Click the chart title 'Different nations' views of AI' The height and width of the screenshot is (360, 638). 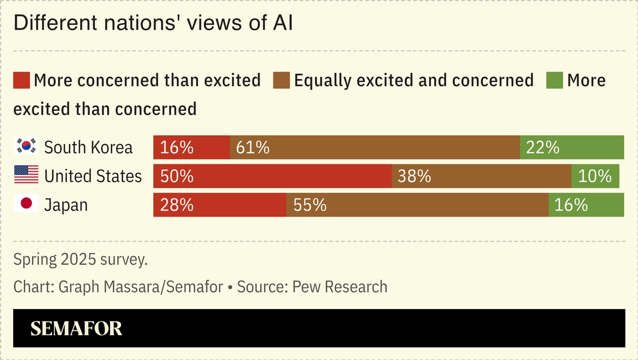pyautogui.click(x=153, y=23)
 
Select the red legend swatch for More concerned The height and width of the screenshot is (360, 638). pyautogui.click(x=22, y=80)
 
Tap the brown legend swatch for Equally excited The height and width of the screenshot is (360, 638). pyautogui.click(x=281, y=80)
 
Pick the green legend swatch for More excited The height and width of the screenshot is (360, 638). pyautogui.click(x=554, y=80)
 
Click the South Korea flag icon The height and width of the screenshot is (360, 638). pyautogui.click(x=26, y=146)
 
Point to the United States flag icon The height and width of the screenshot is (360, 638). pyautogui.click(x=26, y=175)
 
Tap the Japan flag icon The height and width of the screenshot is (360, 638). pyautogui.click(x=26, y=204)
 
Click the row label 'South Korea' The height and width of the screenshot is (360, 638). pyautogui.click(x=89, y=147)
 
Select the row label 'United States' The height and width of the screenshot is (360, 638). pyautogui.click(x=93, y=176)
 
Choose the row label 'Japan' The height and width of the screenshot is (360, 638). pyautogui.click(x=66, y=205)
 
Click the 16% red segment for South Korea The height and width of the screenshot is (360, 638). pyautogui.click(x=192, y=147)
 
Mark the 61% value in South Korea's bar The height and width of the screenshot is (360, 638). pyautogui.click(x=253, y=147)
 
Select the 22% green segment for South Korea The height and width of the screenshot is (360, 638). pyautogui.click(x=572, y=147)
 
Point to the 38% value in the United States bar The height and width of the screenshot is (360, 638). pyautogui.click(x=414, y=176)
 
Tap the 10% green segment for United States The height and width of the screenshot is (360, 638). pyautogui.click(x=595, y=176)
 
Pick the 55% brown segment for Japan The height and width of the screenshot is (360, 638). pyautogui.click(x=418, y=205)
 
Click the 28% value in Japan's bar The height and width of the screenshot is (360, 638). pyautogui.click(x=177, y=205)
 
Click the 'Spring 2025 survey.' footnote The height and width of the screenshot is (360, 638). pyautogui.click(x=80, y=259)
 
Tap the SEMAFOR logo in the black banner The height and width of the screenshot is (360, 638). pyautogui.click(x=76, y=328)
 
